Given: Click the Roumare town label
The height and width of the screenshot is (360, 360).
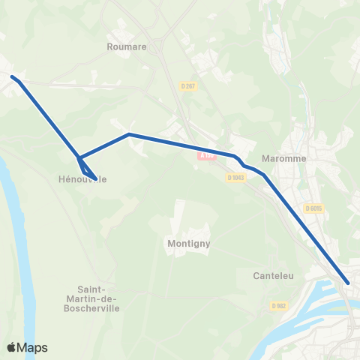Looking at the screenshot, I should pos(126,46).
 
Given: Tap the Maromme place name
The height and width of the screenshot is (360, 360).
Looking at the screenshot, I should pos(281,158).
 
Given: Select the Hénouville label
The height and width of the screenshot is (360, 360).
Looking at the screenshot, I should pos(82,179).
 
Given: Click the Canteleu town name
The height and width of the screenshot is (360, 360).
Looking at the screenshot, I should pos(273,276).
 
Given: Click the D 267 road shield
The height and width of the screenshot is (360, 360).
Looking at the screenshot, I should pos(190,86).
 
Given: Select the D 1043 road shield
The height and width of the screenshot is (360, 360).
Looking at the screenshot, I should pos(236,178).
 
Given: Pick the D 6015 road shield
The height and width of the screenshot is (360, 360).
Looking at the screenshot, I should pos(313,208).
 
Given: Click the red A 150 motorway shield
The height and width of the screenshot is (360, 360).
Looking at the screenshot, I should pos(206,155).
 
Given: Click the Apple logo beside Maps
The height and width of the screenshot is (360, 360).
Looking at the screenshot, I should pos(12,347).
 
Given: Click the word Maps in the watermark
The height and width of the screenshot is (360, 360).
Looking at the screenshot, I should pos(33,347).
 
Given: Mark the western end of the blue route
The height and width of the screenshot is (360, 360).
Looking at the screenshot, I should pos(12,76).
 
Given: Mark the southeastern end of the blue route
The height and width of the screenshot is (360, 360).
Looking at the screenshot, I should pos(348,283).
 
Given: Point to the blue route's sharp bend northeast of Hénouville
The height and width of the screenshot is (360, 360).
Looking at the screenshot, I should pos(129,134).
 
